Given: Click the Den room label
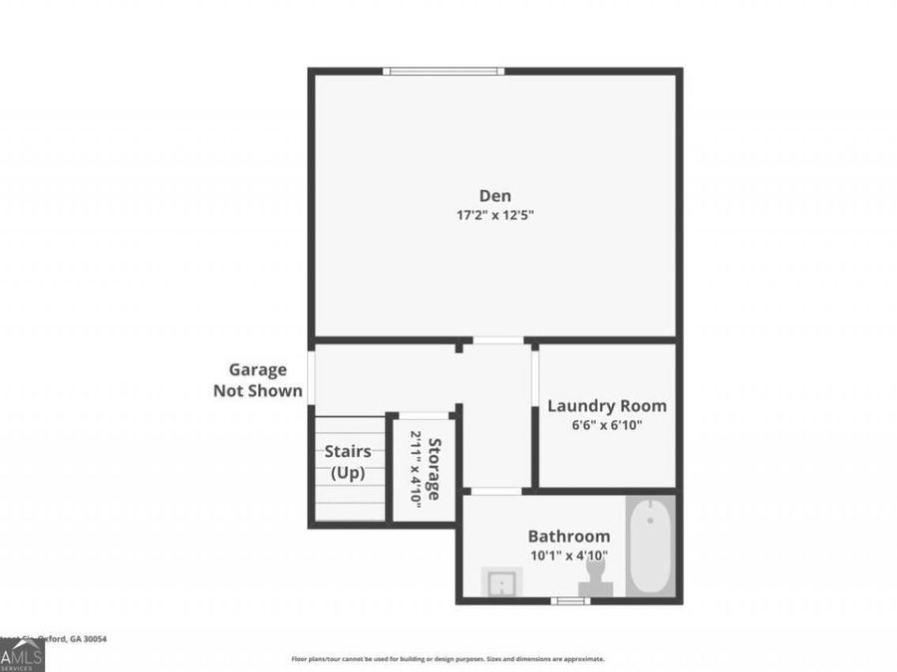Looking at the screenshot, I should pos(495,196).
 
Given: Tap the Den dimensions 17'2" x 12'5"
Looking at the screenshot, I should pos(495,215).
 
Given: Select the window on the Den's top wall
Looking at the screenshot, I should pos(444,71).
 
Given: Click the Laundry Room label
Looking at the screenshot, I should pos(607,406).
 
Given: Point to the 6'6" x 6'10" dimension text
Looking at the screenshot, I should pos(607,425).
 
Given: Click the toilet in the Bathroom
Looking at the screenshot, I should pos(596,578).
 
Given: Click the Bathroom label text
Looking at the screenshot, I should pos(568,536).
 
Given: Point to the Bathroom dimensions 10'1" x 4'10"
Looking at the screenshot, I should pos(568,556).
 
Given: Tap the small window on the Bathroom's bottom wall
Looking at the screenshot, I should pos(570,600).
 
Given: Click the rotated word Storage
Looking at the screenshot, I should pos(435,468).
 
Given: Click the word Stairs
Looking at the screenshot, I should pos(348,452).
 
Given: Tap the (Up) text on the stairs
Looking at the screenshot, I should pos(348,473).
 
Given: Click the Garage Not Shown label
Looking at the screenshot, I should pos(258,380).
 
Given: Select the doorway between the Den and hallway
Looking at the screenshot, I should pos(497,341).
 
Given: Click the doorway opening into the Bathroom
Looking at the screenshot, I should pos(495,491).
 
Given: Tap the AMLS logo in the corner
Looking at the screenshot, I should pos(22,655).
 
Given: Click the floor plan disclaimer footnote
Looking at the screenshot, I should pos(448,659).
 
